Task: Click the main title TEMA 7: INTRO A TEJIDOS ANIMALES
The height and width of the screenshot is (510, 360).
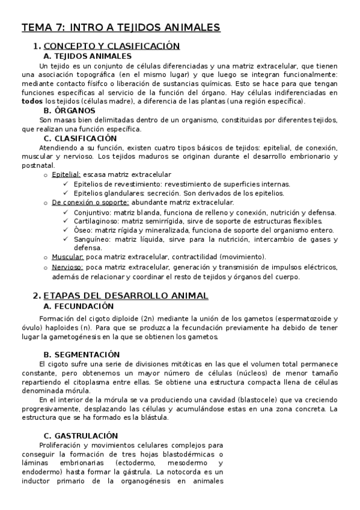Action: click(x=121, y=28)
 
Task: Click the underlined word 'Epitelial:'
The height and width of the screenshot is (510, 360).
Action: click(x=66, y=174)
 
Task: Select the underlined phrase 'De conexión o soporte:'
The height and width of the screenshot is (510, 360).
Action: click(x=91, y=203)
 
